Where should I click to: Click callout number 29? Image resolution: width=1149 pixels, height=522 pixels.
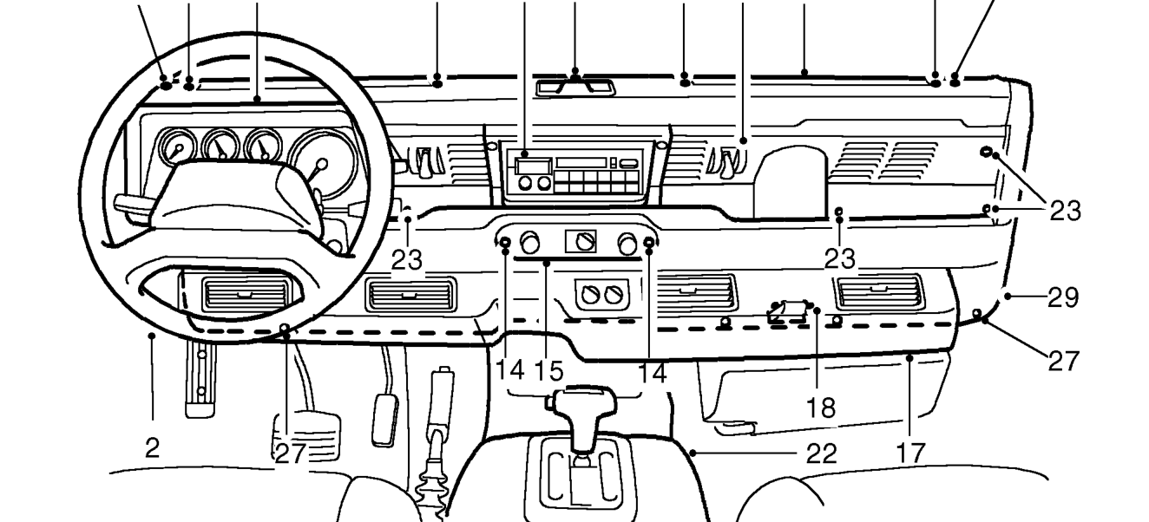pos(1063,297)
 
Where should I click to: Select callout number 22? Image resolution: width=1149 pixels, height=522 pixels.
pos(822,453)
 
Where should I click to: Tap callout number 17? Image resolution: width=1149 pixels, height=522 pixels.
pos(910,453)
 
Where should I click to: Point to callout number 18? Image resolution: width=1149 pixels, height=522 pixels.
pos(821,408)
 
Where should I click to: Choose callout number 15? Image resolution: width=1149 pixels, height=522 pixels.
pos(548,370)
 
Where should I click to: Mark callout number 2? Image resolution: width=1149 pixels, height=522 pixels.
pos(153,448)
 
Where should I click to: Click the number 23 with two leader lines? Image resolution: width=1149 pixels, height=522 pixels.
pos(1066,210)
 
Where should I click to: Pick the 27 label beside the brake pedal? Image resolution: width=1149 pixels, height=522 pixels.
pos(291,453)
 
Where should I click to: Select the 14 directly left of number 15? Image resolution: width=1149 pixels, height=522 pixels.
pos(510,369)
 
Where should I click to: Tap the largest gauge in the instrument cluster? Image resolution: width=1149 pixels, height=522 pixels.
pos(323,163)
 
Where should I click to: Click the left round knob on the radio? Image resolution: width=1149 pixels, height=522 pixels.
pos(525,183)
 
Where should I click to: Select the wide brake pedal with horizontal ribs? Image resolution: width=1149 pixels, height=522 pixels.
pos(306,436)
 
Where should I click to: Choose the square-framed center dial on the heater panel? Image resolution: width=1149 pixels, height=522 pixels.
pos(581,241)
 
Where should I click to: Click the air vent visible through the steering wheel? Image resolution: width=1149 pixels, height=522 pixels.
pos(246,295)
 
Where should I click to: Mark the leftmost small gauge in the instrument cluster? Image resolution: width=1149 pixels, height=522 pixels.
pos(177,147)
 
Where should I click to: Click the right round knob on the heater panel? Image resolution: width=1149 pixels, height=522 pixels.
pos(627,244)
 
